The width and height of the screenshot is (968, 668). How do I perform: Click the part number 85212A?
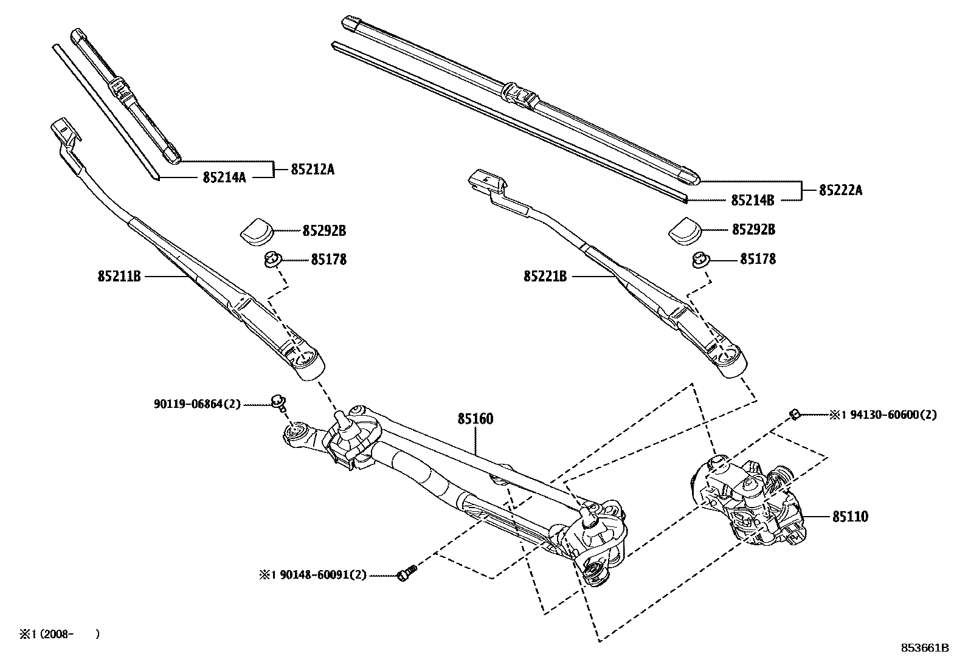coord(312,170)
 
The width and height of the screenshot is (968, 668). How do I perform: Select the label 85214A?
coord(224,177)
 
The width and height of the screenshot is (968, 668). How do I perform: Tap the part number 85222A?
coord(840,190)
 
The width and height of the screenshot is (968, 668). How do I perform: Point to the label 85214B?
coord(752,199)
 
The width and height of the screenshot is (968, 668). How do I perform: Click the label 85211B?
coord(119,277)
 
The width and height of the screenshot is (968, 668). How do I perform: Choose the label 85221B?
coord(545,277)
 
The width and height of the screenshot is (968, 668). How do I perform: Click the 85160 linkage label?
coord(475,419)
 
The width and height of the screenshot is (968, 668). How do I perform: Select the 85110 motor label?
coord(850,517)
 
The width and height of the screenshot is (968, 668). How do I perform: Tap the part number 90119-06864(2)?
coord(197,404)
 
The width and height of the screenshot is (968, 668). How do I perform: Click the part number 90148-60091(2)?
coord(323,574)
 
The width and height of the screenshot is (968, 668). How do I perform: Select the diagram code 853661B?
coord(924,648)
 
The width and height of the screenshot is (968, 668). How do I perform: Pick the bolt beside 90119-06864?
coord(279,401)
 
